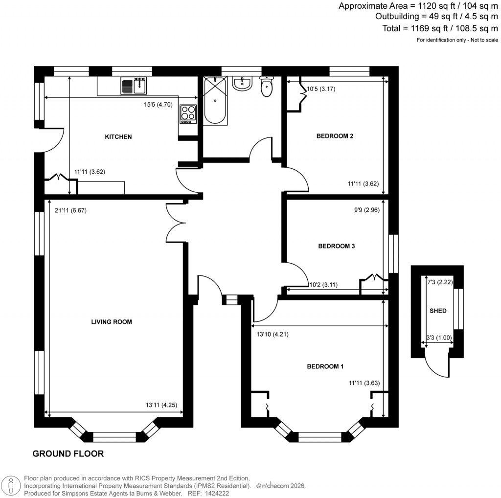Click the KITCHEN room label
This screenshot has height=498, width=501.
(x=118, y=137)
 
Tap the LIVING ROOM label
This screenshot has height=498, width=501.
(x=112, y=322)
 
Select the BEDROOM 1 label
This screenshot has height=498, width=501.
(x=325, y=366)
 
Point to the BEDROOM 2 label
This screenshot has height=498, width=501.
(x=335, y=136)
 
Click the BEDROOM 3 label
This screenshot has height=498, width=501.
(x=336, y=247)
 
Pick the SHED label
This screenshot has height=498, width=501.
(x=438, y=311)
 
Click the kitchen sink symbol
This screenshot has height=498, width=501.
(x=134, y=86)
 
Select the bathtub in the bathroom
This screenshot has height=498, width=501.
(x=215, y=101)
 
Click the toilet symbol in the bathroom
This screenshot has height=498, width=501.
(x=267, y=87)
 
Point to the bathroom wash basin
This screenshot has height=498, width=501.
(x=242, y=84)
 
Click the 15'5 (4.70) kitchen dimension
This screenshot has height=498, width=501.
(x=158, y=104)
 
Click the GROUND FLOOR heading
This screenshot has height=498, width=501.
(x=68, y=453)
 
